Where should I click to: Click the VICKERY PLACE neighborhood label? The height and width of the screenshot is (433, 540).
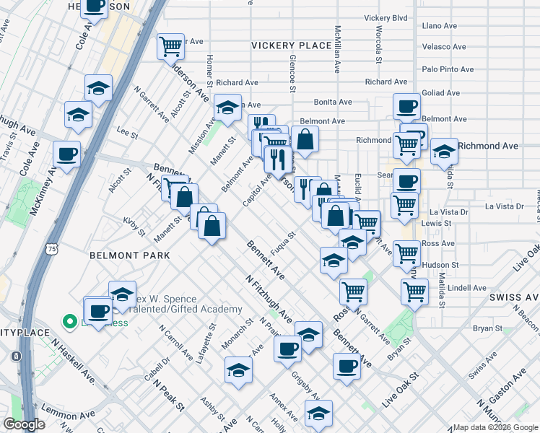click(x=291, y=45)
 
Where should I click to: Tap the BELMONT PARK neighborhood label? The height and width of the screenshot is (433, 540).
click(x=130, y=255)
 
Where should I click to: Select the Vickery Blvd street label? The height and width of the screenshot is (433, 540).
click(x=386, y=17)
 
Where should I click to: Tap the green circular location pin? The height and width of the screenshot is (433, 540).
click(x=70, y=321)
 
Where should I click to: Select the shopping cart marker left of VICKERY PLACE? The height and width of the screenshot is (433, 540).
click(x=172, y=47)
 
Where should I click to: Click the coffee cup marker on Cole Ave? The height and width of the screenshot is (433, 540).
click(x=67, y=154)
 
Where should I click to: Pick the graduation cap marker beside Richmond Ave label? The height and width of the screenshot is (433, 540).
click(x=444, y=152)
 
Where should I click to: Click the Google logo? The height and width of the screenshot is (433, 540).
click(x=25, y=424)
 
